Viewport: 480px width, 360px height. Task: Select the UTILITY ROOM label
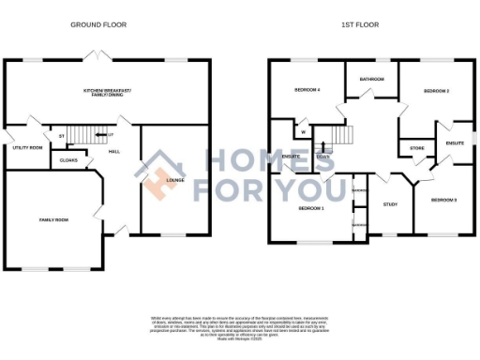27,147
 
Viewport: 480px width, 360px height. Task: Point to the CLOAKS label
67,160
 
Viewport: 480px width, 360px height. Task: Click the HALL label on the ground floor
112,151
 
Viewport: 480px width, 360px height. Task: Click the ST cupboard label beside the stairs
62,136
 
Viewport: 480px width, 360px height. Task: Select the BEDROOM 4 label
307,90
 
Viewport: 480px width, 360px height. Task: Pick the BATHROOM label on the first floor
372,80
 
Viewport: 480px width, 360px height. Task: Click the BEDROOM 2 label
436,91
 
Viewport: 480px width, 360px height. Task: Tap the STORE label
415,148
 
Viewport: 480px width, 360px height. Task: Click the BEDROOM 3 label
442,200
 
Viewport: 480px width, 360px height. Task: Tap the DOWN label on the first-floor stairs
322,157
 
